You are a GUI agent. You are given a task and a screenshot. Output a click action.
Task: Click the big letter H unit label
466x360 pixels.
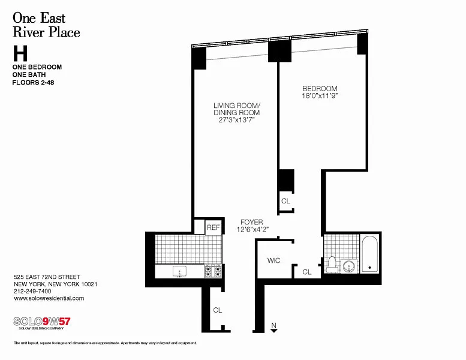coord(20,53)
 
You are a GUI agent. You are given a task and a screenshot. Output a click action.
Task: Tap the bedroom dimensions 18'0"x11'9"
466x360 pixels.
coord(320,96)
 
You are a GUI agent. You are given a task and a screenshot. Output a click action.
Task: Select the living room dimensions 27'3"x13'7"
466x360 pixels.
coord(237,120)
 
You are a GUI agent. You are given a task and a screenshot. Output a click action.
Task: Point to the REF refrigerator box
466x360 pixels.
coord(214,227)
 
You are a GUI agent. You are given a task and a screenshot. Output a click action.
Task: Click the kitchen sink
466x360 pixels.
coord(179,271)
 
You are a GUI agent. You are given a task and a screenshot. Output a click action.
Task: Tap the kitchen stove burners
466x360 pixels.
coord(213,271)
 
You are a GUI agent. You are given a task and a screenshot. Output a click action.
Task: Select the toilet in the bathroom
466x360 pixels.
coord(332,265)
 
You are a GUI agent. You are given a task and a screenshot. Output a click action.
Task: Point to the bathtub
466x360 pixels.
coord(370,254)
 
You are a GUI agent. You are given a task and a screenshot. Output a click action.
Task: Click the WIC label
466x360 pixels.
coord(273,261)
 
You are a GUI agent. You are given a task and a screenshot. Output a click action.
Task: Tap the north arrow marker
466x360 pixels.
coord(273,328)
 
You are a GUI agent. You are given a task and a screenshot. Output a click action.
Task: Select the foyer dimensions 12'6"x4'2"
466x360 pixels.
coord(252,229)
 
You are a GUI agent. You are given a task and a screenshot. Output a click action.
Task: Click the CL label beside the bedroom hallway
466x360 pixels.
coord(285,201)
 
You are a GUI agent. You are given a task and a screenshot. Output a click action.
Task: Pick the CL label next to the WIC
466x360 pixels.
coord(306,272)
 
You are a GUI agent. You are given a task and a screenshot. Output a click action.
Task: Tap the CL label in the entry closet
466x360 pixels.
coord(217,310)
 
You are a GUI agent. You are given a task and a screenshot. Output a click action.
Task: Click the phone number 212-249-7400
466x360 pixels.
coord(32,292)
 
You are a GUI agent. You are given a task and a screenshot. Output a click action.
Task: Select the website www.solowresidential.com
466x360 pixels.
coord(49,298)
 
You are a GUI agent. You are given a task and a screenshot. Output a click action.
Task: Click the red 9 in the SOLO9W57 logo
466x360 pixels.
coord(46,322)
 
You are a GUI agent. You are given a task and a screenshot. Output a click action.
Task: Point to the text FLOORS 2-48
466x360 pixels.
coord(34,82)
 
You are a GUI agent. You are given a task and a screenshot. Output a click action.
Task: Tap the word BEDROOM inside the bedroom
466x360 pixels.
coord(320,89)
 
